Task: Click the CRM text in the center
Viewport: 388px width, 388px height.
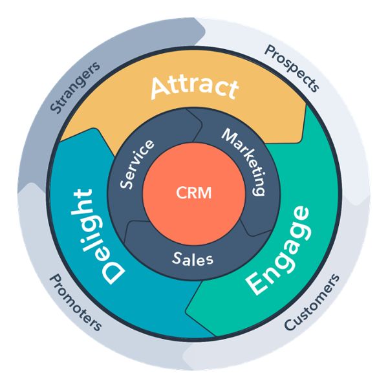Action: (194, 193)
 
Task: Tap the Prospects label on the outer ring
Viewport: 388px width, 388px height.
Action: (292, 68)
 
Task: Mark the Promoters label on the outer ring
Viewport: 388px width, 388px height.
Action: (76, 301)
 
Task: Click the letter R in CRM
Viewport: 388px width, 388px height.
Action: (193, 193)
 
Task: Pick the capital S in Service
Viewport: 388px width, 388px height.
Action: (127, 183)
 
